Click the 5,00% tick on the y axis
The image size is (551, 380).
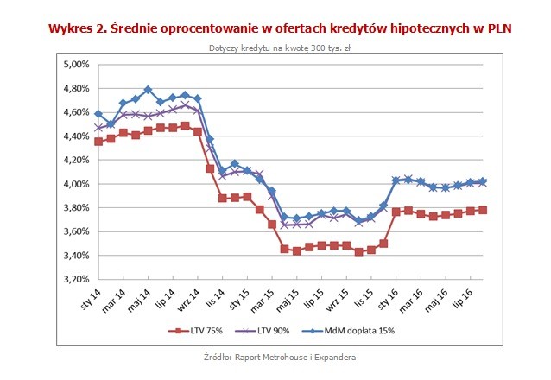73,64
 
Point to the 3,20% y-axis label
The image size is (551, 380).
73,279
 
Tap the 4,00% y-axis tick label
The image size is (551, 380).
73,184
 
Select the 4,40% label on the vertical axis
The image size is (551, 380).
73,136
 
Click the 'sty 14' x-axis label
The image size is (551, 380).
88,298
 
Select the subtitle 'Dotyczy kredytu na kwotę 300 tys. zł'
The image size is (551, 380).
276,48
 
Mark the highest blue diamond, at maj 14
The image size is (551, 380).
148,90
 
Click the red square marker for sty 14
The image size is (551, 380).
98,142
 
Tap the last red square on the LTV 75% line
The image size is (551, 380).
483,210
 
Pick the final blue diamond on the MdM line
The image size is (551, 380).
483,181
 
